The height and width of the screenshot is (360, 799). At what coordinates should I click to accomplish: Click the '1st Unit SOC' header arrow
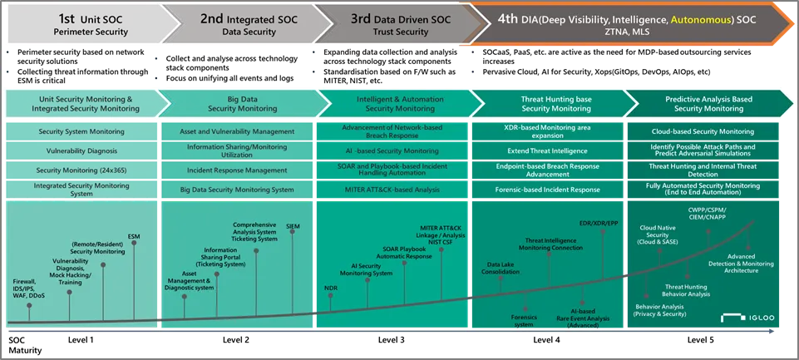[81, 24]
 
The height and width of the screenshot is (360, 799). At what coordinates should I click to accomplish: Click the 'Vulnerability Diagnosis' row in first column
[81, 150]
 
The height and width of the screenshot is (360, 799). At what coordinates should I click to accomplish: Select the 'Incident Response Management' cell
[236, 170]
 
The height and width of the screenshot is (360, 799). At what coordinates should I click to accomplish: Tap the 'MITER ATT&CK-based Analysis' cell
[392, 190]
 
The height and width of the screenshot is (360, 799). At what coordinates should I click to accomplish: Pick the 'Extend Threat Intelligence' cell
[547, 150]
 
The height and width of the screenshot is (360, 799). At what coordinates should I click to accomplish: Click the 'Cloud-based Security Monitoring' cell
[703, 131]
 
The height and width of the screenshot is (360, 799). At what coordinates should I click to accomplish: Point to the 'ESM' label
[134, 237]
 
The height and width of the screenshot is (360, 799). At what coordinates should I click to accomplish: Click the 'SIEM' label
[293, 226]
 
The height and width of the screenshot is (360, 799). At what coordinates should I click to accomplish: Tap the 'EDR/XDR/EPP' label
[599, 223]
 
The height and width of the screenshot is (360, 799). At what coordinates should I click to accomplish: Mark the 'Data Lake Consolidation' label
[501, 268]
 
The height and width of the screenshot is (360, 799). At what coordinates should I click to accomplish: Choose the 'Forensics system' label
[524, 320]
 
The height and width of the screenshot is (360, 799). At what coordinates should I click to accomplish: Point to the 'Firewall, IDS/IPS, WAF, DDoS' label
[30, 288]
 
